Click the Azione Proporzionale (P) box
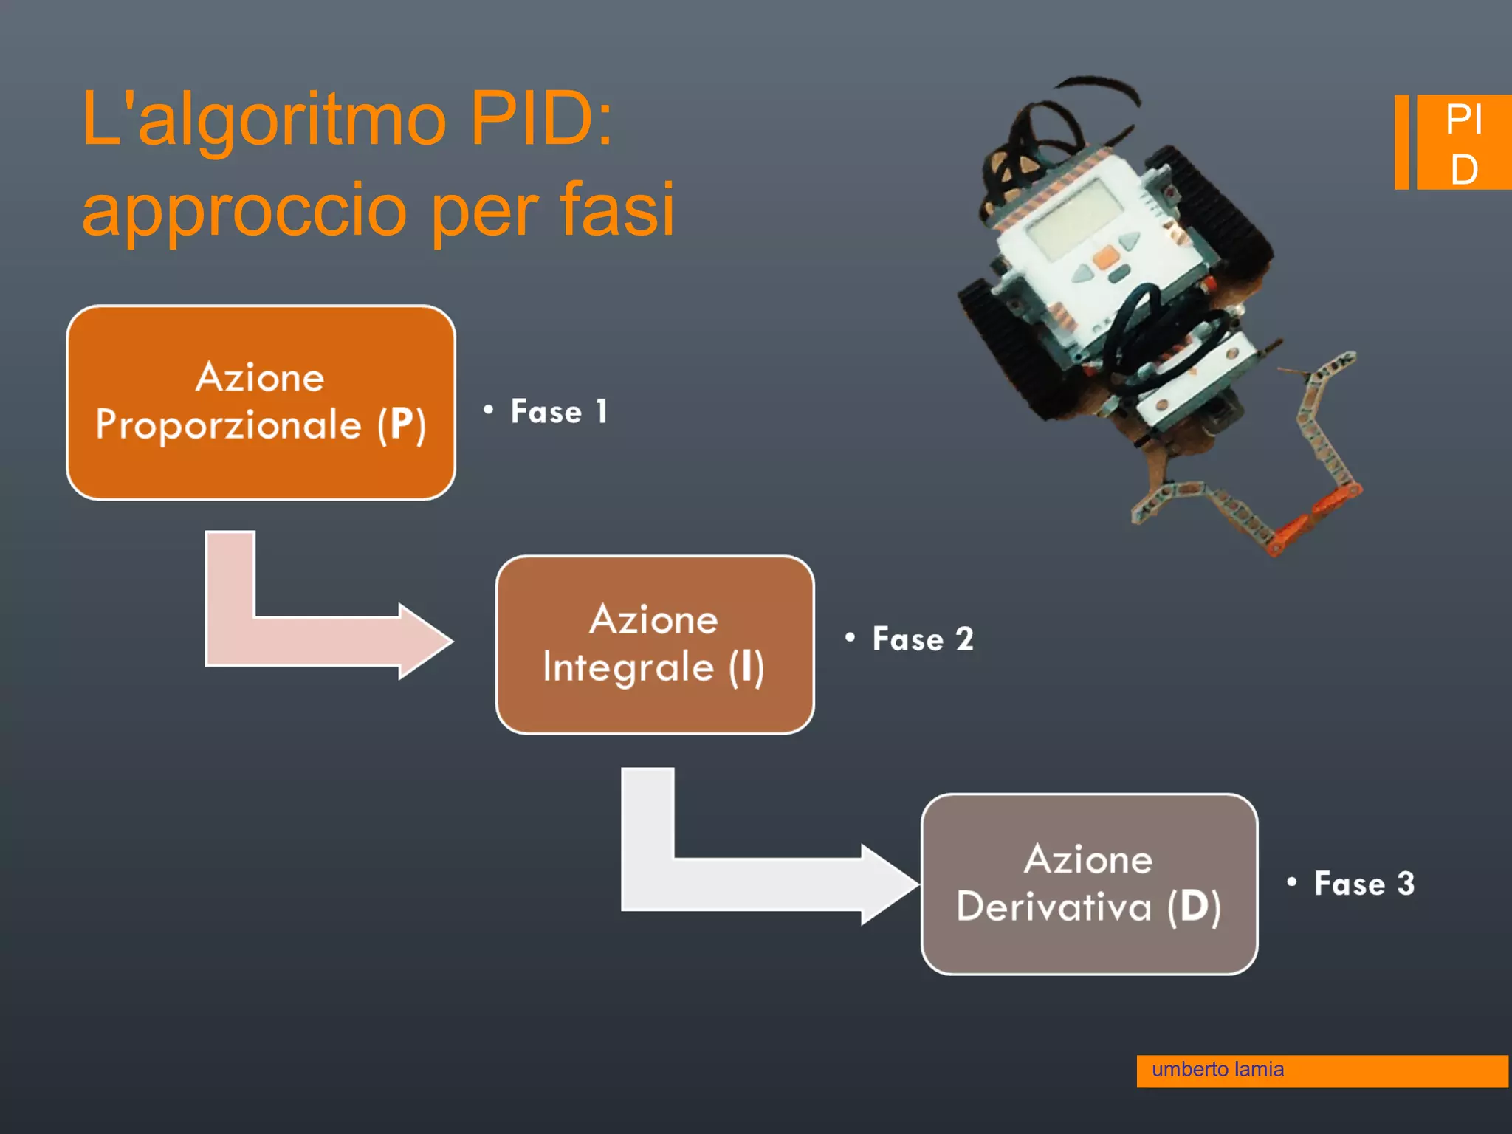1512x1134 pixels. pyautogui.click(x=261, y=402)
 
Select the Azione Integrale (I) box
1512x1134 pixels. pyautogui.click(x=655, y=644)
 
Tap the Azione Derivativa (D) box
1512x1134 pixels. pyautogui.click(x=1089, y=884)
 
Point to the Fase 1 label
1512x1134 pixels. pyautogui.click(x=558, y=412)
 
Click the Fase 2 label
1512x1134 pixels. pyautogui.click(x=922, y=639)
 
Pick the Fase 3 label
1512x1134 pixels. pyautogui.click(x=1364, y=884)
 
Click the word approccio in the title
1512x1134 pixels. pyautogui.click(x=244, y=210)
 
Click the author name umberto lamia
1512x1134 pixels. pyautogui.click(x=1217, y=1070)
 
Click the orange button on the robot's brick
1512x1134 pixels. pyautogui.click(x=1105, y=257)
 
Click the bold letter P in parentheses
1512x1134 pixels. pyautogui.click(x=402, y=425)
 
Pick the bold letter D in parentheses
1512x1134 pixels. pyautogui.click(x=1194, y=906)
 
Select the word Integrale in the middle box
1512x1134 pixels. pyautogui.click(x=628, y=668)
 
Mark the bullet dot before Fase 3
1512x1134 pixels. pyautogui.click(x=1291, y=881)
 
